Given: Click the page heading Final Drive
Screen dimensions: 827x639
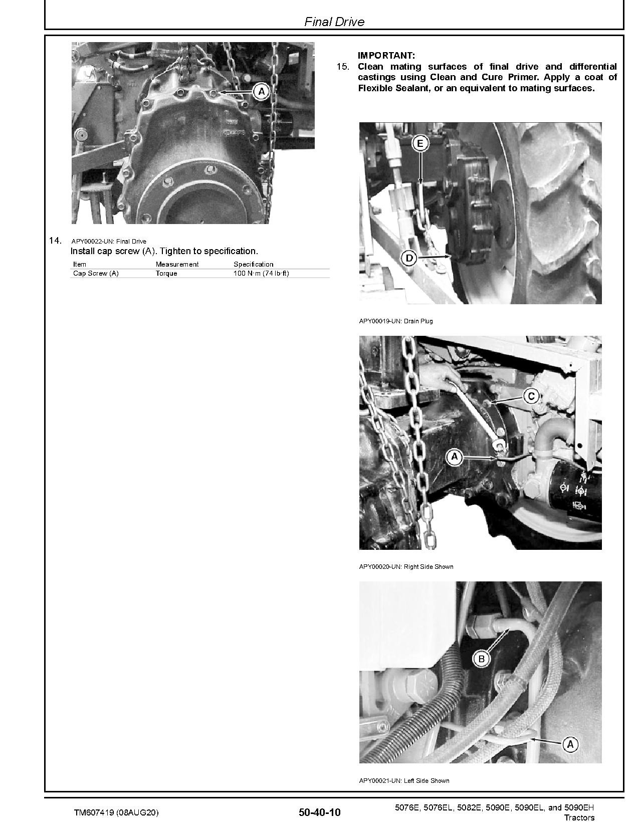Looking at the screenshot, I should click(334, 22).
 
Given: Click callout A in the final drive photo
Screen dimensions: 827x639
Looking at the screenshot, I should click(261, 92).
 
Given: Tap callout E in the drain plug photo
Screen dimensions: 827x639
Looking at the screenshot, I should click(420, 144).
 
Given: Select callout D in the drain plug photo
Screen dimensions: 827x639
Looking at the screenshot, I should click(409, 258).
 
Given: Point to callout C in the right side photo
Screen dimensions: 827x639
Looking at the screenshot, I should click(531, 396).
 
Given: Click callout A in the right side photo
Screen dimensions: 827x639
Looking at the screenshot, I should click(455, 457).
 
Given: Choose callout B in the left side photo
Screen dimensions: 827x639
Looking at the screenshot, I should click(482, 659).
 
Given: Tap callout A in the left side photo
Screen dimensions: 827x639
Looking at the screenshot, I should click(570, 745).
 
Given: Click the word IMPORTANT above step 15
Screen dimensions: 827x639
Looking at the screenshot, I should click(386, 56).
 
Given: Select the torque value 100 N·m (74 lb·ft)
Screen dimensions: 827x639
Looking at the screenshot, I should click(261, 274).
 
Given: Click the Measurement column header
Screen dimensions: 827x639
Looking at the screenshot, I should click(177, 264).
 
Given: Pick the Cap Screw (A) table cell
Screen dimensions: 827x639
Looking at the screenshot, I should click(96, 274).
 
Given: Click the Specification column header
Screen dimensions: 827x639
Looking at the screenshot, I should click(253, 264).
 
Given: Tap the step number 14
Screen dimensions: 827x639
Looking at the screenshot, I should click(55, 241).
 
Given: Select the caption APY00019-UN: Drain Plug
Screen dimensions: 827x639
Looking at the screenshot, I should click(395, 321).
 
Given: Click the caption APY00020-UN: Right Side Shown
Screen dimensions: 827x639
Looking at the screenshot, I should click(406, 567).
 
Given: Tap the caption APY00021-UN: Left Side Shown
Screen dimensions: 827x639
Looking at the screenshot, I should click(404, 780).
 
